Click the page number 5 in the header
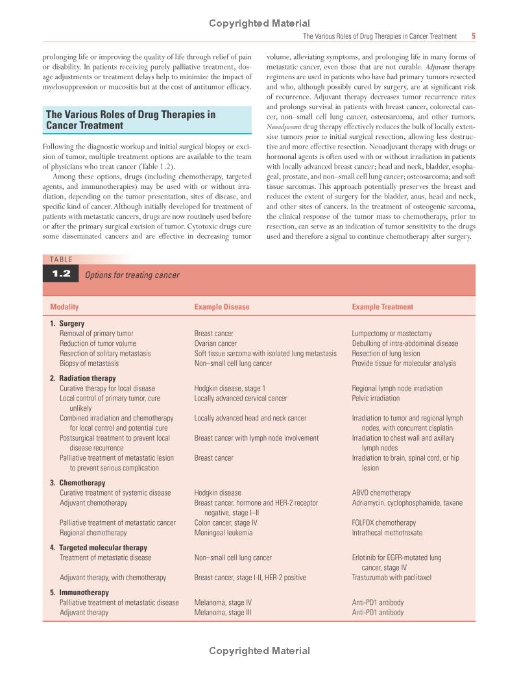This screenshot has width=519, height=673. pyautogui.click(x=474, y=36)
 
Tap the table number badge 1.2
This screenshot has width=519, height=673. pyautogui.click(x=61, y=275)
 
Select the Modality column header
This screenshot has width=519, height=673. pyautogui.click(x=64, y=307)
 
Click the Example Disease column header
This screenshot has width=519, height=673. pyautogui.click(x=221, y=307)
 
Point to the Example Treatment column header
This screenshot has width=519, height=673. pyautogui.click(x=382, y=307)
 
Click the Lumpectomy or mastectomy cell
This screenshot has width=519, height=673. pyautogui.click(x=391, y=334)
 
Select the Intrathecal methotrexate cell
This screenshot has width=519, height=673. pyautogui.click(x=387, y=533)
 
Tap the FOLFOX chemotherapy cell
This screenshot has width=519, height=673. pyautogui.click(x=383, y=523)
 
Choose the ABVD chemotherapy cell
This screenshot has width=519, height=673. pyautogui.click(x=381, y=493)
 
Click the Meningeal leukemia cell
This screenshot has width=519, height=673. pyautogui.click(x=223, y=533)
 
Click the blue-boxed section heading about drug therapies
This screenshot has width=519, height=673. pyautogui.click(x=130, y=120)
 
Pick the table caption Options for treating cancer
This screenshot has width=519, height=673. pyautogui.click(x=132, y=275)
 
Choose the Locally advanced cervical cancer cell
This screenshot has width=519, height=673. pyautogui.click(x=240, y=398)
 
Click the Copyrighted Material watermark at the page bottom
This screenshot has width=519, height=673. pyautogui.click(x=259, y=651)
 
